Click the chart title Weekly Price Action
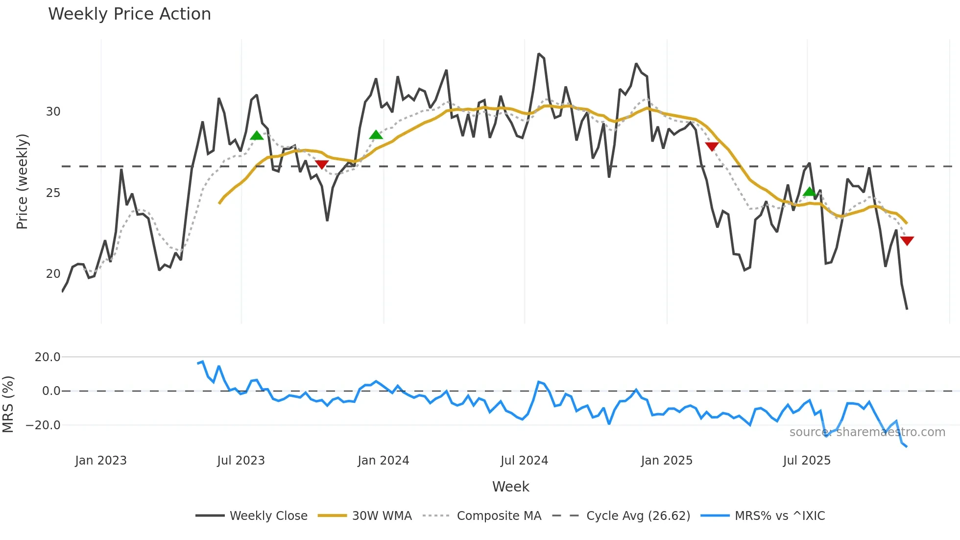point(129,14)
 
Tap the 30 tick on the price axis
point(53,112)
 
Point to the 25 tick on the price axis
point(53,193)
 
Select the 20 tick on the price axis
point(53,274)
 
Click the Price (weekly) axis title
point(22,181)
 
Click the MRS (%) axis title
point(8,404)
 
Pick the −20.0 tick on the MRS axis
point(43,425)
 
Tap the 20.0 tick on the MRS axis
point(47,357)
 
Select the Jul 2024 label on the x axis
point(524,461)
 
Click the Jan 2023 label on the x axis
point(101,461)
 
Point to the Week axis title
point(510,487)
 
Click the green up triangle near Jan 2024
point(376,135)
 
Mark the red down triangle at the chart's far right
point(907,241)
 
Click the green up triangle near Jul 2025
point(810,192)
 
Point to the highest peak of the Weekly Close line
point(538,54)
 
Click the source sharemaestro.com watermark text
point(867,432)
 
